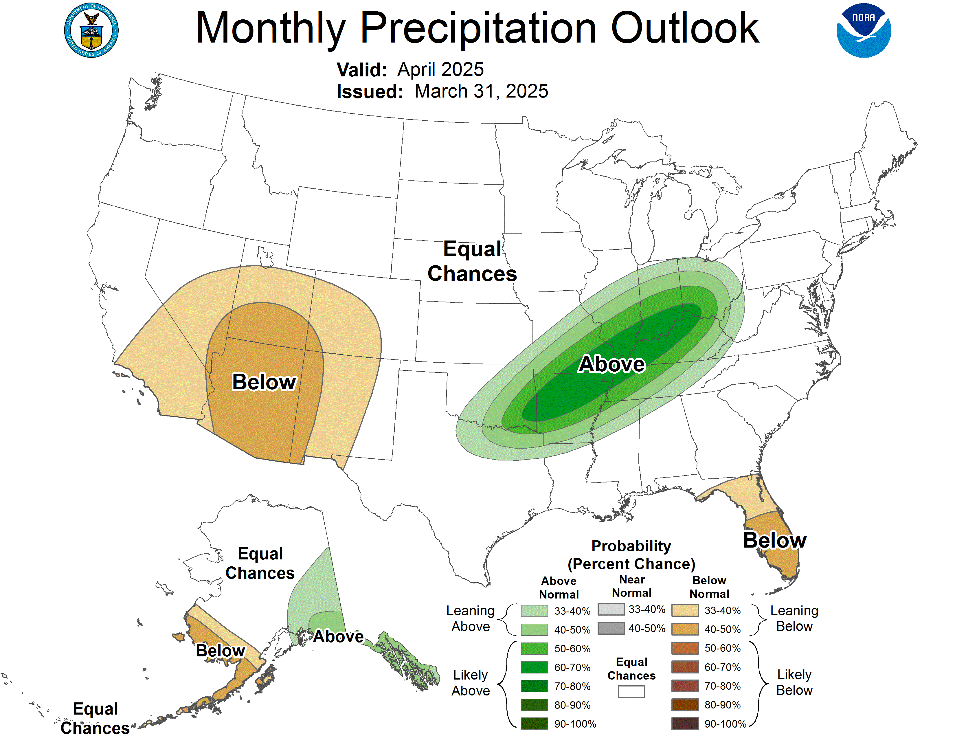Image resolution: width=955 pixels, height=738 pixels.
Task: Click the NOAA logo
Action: point(863,31)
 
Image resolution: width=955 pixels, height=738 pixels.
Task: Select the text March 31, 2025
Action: point(481,91)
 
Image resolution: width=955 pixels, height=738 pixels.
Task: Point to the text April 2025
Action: point(440,69)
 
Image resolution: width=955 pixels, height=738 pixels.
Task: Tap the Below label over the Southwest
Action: point(264,382)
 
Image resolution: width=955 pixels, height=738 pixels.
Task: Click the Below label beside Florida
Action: point(774,540)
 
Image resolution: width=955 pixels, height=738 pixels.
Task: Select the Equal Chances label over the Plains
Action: point(472,261)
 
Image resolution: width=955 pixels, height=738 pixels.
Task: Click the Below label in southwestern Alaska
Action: point(221,651)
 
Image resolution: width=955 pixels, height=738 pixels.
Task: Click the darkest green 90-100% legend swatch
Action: point(534,724)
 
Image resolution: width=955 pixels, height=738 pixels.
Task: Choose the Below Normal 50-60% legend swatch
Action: point(684,648)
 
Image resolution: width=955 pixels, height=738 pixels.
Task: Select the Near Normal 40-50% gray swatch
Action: point(611,628)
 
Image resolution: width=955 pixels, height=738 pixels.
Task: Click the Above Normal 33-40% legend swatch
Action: point(534,611)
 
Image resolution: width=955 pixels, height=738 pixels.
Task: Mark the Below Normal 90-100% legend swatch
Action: point(684,724)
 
